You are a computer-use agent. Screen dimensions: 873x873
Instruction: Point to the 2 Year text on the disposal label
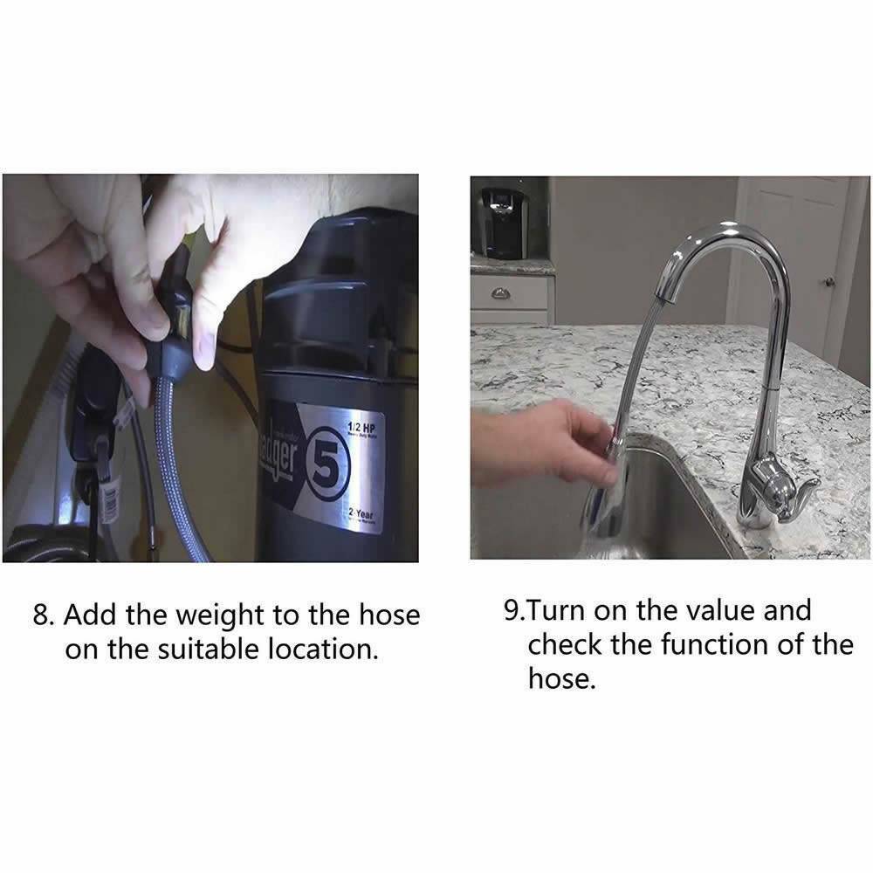pos(359,515)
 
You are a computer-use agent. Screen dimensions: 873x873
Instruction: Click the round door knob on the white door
pos(830,281)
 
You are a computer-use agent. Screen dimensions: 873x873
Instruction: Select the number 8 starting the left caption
pos(41,615)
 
